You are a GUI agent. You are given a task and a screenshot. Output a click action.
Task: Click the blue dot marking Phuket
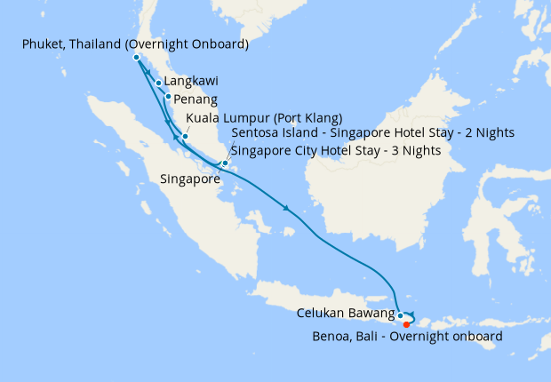pos(136,58)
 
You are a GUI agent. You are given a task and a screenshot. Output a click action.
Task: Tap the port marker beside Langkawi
pos(158,84)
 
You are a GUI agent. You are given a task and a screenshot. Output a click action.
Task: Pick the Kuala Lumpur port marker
pos(185,137)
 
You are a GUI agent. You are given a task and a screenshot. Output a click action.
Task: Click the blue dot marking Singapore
pos(226,163)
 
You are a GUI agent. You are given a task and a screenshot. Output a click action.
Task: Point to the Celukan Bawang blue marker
pos(401,315)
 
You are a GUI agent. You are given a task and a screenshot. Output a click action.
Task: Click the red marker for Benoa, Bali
pos(407,324)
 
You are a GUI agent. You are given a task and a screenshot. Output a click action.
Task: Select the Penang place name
pos(196,99)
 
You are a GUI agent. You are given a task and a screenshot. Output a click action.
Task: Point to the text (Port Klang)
pos(306,118)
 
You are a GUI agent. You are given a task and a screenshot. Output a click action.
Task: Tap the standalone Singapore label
pos(190,179)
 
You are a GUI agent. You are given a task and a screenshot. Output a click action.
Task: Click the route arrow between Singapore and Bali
pos(286,209)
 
